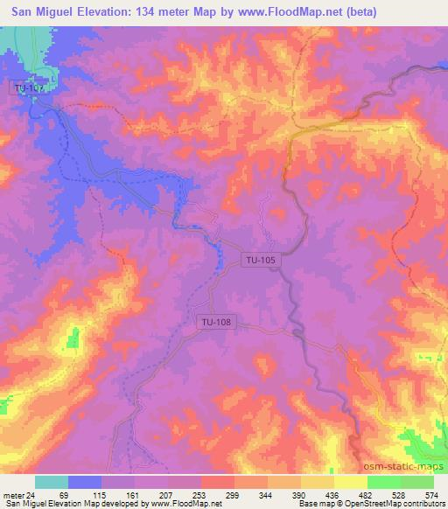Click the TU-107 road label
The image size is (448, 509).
(x=30, y=87)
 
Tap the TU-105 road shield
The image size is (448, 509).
(x=261, y=260)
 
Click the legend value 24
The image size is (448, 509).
(x=31, y=494)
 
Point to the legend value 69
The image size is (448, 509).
(x=60, y=494)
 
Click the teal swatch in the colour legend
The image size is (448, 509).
(x=52, y=482)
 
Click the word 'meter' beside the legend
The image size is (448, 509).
(x=13, y=494)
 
